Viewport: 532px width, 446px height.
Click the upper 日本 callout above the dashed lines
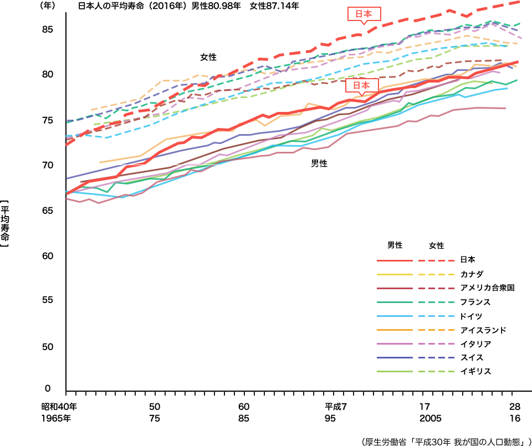pos(364,14)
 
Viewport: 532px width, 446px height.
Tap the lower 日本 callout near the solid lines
pos(361,85)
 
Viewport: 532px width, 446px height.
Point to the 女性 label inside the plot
pos(208,57)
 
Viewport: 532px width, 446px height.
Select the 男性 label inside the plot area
pos(319,163)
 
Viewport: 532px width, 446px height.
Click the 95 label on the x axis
pos(330,418)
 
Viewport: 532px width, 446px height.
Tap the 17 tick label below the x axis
pos(424,405)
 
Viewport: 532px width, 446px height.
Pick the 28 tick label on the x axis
pos(515,405)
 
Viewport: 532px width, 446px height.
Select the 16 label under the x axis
pos(515,418)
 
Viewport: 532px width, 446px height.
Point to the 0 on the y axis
pos(48,388)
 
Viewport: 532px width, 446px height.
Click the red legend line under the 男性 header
pos(395,260)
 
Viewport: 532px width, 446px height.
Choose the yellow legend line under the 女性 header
pos(437,274)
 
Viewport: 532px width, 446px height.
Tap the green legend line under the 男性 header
pos(395,302)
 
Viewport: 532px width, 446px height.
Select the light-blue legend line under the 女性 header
pos(437,316)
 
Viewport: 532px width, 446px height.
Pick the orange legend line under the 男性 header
pos(395,330)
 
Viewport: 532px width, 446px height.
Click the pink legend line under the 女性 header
pos(437,344)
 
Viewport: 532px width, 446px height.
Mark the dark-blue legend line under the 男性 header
pos(395,357)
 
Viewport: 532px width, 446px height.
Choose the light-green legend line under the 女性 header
pos(437,371)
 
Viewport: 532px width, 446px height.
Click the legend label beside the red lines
pos(468,259)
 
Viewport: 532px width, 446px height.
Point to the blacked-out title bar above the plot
pos(188,6)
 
